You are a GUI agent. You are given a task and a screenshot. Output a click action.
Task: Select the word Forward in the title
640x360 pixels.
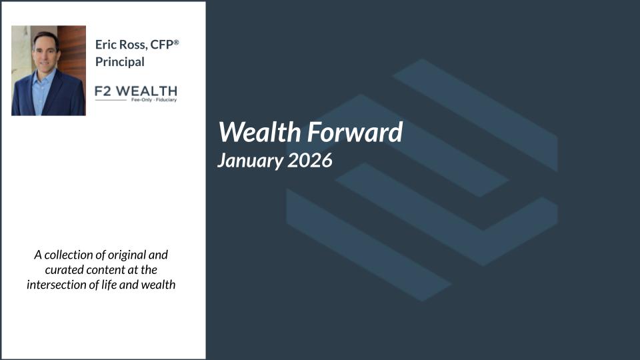pos(355,132)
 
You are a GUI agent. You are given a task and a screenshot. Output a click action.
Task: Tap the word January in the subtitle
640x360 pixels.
pos(250,161)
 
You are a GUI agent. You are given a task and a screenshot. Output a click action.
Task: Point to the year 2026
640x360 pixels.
pos(310,159)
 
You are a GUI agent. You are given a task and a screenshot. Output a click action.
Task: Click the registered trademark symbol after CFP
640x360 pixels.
pos(176,42)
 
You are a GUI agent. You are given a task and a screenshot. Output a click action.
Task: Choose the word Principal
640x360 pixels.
pos(120,62)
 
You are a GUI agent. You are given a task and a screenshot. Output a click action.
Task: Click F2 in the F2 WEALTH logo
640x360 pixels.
pos(103,91)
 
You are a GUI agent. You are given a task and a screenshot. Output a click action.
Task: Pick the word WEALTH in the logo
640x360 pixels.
pos(147,91)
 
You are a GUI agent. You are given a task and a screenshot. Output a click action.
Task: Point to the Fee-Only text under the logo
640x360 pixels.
pos(141,99)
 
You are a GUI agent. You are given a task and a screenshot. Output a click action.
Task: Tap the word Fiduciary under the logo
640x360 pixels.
pos(166,99)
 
